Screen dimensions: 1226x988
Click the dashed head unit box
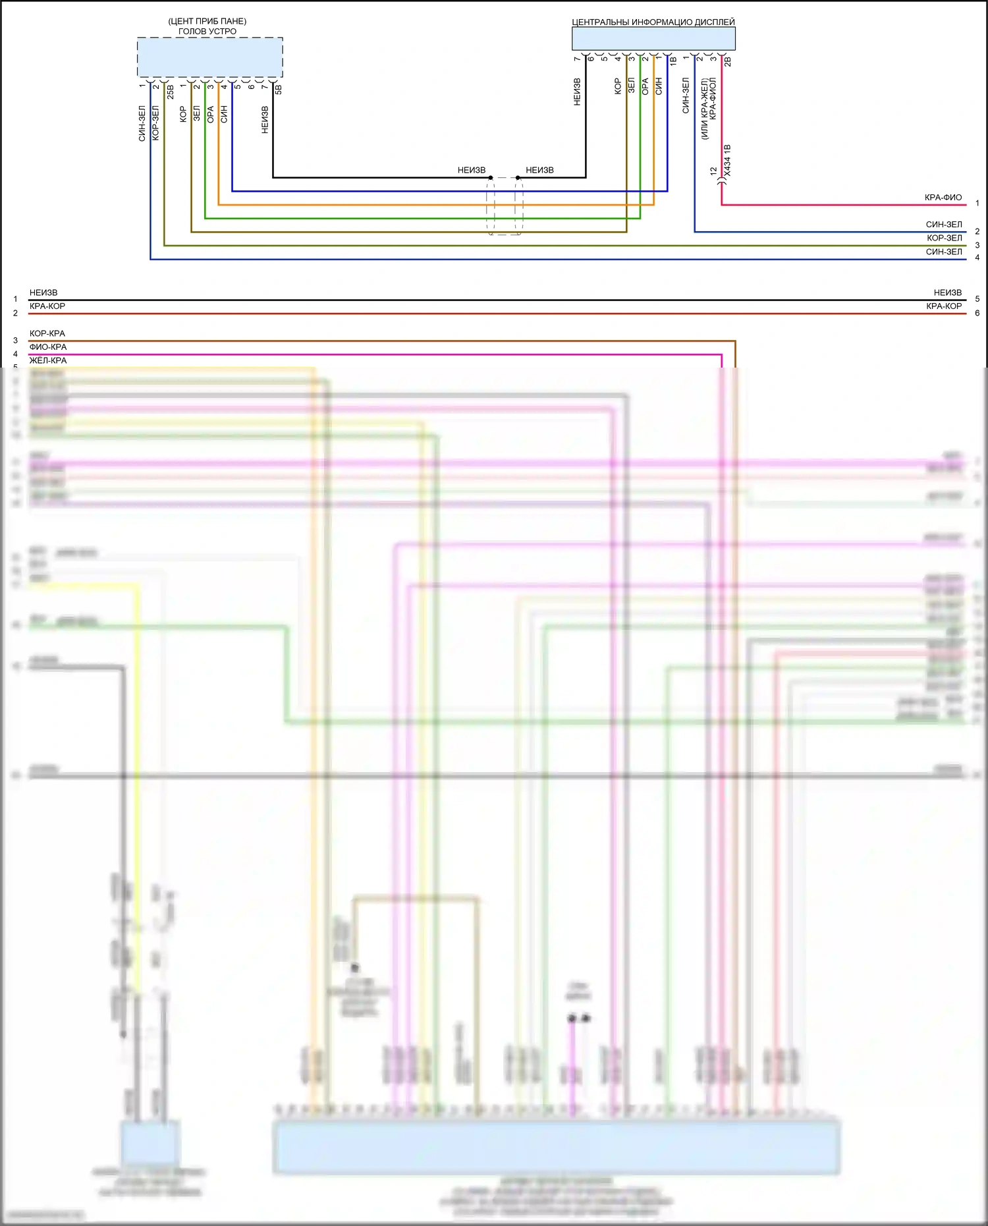(209, 57)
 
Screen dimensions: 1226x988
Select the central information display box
(653, 39)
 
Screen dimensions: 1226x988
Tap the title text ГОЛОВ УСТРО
(207, 31)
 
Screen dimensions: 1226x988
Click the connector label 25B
(171, 92)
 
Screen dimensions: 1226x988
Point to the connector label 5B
(279, 89)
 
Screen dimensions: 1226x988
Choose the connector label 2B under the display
(728, 62)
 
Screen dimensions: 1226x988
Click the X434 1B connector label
(727, 161)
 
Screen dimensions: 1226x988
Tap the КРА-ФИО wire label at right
(943, 197)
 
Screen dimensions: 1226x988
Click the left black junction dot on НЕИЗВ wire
(491, 178)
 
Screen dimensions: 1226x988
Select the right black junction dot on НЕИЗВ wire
(518, 178)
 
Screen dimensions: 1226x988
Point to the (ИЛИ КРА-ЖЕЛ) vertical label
(704, 109)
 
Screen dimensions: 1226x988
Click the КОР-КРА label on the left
(47, 333)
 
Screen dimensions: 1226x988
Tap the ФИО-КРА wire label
(48, 347)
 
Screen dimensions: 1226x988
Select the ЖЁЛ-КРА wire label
(48, 360)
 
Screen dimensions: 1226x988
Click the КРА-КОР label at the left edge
(47, 306)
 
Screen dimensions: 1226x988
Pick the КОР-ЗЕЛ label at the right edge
(944, 238)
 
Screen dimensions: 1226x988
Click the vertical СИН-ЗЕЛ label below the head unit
(142, 123)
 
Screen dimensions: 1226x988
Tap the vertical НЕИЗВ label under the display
(578, 92)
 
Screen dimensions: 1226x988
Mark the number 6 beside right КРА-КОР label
(977, 313)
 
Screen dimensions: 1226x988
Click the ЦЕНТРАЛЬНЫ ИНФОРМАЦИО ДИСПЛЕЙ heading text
(653, 22)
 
